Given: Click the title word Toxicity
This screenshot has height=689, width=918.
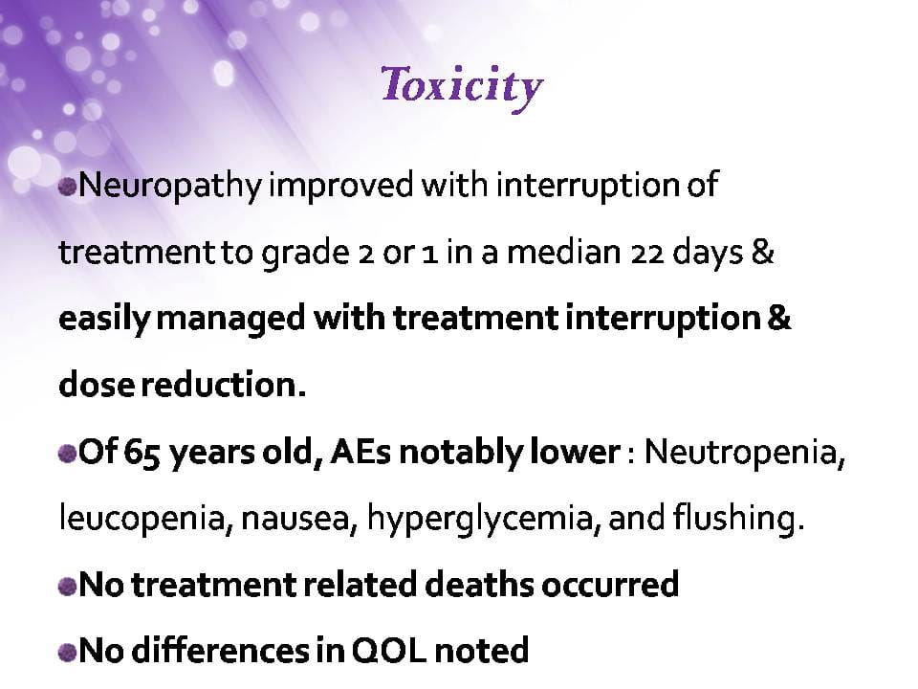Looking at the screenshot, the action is tap(462, 87).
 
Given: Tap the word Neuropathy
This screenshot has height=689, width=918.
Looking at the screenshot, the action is tap(170, 185).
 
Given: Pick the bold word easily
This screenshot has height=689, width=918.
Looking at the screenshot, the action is tap(104, 320).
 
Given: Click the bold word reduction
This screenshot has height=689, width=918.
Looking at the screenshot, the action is tap(224, 385).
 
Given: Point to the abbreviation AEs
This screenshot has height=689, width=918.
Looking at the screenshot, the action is tap(361, 453).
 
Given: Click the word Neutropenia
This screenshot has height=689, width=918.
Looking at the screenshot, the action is tap(745, 454).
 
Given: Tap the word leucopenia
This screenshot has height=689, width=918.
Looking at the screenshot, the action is tap(142, 520).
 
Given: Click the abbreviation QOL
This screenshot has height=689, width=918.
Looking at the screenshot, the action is tap(389, 651).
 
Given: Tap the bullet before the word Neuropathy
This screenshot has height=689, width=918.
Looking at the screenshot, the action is tap(68, 188).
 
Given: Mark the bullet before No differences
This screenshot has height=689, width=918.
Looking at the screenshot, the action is tap(68, 653).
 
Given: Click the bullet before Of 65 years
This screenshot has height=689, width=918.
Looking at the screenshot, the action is tap(68, 454).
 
